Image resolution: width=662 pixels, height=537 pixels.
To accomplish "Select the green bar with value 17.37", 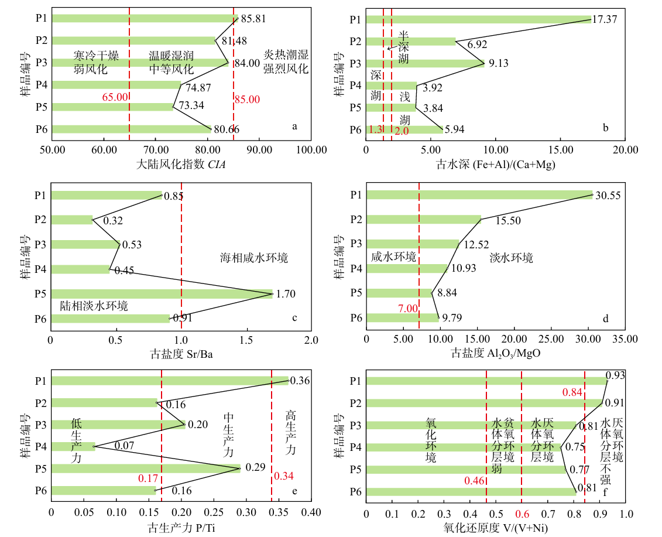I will click(x=478, y=19).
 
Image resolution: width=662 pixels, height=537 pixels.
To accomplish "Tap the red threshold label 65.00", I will click(x=115, y=97).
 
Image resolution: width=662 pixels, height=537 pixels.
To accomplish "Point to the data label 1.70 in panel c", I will click(x=286, y=294).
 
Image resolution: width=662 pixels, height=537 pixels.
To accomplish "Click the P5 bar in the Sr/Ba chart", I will click(x=162, y=294).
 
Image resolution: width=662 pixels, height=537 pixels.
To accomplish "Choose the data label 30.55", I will click(x=608, y=196).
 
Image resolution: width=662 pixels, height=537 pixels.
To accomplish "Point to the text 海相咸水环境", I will click(x=254, y=258).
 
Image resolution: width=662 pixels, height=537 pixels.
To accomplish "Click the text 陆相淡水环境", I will click(x=94, y=306).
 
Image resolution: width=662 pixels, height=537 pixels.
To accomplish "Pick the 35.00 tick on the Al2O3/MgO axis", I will click(x=625, y=338).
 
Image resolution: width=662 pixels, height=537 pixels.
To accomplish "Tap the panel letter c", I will click(x=294, y=318).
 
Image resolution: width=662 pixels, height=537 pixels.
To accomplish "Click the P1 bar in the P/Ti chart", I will click(x=170, y=381).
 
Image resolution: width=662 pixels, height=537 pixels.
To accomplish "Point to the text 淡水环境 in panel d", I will click(x=510, y=258).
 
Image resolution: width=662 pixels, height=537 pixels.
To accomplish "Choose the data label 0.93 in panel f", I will click(x=615, y=375).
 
